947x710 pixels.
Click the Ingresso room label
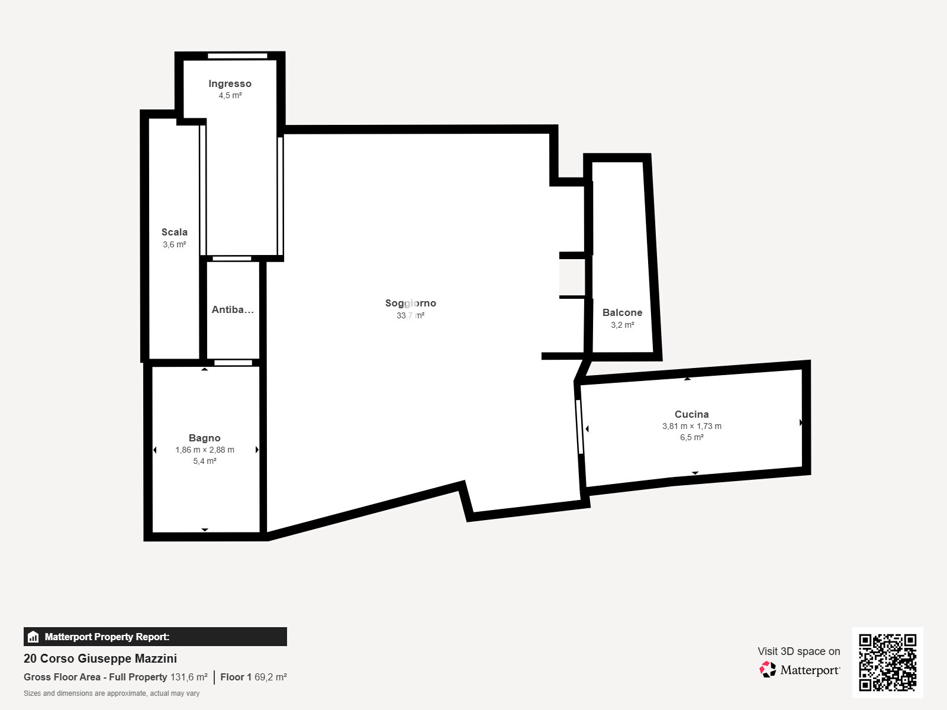point(230,83)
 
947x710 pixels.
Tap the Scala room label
point(174,232)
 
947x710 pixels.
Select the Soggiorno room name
point(410,303)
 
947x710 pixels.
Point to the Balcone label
point(622,312)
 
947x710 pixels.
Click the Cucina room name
point(691,414)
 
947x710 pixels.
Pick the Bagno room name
point(205,438)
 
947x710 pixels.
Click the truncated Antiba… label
point(233,309)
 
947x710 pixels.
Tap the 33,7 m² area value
point(410,315)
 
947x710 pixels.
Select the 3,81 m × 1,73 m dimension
point(691,426)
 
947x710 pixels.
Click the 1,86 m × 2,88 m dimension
point(205,450)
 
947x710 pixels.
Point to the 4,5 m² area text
point(230,95)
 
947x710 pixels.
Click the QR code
point(887,663)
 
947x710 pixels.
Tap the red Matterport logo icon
point(768,670)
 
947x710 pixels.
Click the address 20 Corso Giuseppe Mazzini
point(100,659)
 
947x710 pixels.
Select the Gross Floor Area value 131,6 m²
point(189,677)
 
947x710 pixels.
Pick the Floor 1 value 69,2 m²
point(270,677)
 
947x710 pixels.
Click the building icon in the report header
point(33,637)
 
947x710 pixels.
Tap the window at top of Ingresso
point(237,56)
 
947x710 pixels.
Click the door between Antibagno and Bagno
point(233,363)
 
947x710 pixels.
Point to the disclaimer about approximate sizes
point(111,693)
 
